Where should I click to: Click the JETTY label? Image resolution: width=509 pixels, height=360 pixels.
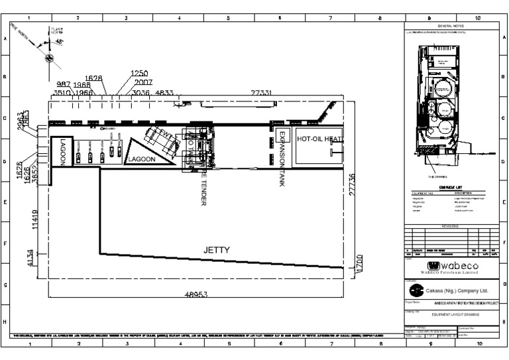click(x=216, y=250)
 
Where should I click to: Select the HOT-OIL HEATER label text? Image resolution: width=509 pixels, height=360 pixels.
click(x=319, y=139)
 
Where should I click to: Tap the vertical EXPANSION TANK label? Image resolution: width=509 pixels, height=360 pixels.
click(x=282, y=160)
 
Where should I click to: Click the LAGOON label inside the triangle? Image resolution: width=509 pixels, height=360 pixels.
click(x=141, y=159)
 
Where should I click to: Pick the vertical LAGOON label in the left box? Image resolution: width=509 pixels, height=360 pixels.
click(x=62, y=152)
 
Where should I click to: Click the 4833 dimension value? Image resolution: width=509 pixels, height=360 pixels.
click(x=164, y=93)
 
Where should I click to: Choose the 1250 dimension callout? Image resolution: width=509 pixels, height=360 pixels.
click(x=140, y=73)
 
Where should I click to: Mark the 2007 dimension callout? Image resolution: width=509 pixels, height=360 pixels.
click(x=143, y=82)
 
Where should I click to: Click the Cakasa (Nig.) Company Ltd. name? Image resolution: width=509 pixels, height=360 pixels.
click(x=457, y=290)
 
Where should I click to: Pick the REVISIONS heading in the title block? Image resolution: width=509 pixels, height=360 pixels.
click(x=451, y=226)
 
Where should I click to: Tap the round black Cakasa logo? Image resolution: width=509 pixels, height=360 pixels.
click(x=415, y=290)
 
